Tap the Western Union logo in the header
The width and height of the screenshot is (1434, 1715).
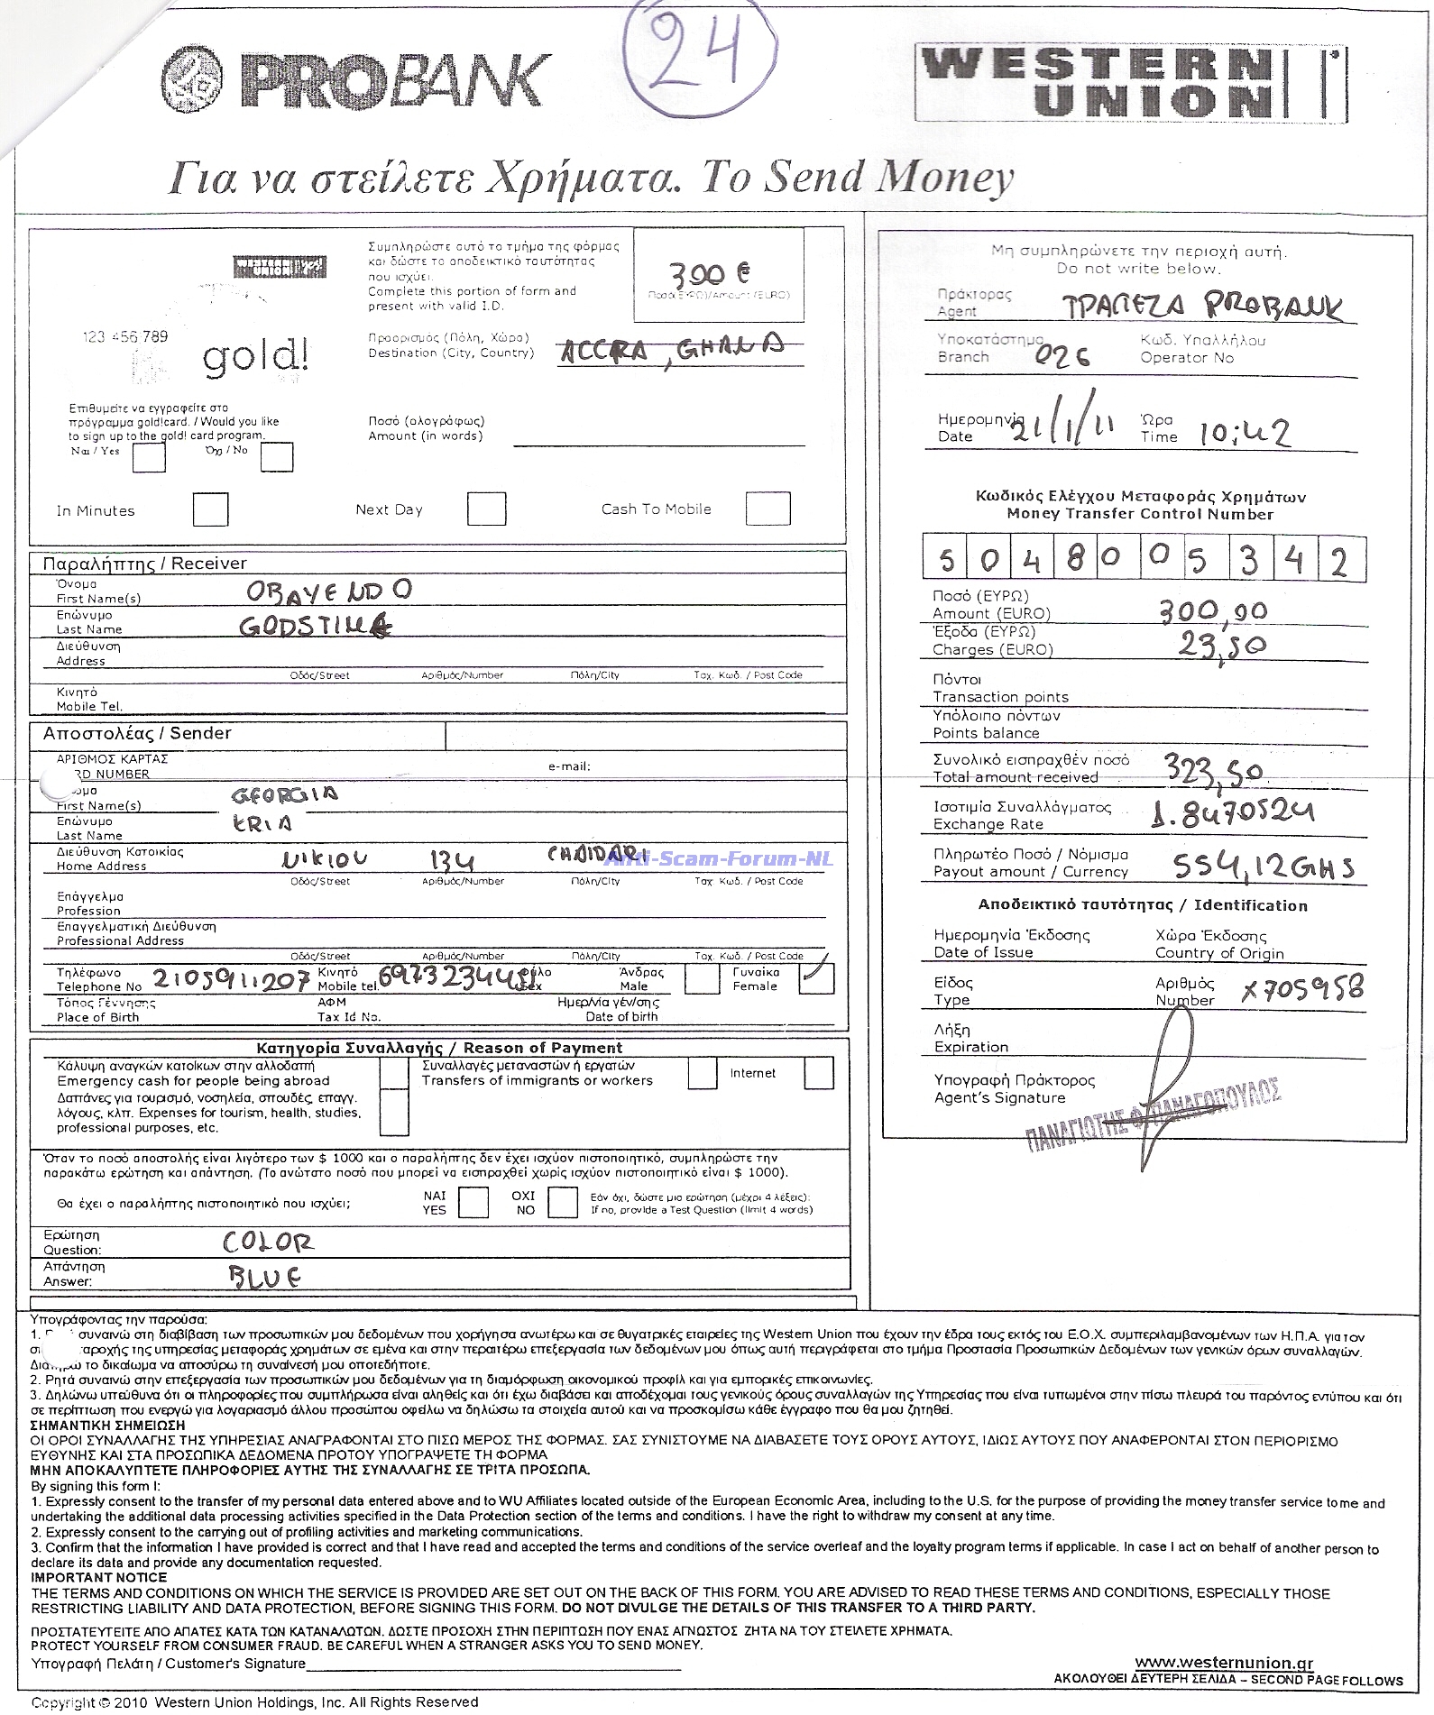[x=1130, y=83]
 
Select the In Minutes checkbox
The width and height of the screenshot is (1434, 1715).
[x=210, y=509]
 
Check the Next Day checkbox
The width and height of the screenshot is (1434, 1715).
[x=486, y=509]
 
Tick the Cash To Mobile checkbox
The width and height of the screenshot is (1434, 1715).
[x=768, y=509]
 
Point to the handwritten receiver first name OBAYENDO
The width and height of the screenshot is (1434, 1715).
[x=329, y=591]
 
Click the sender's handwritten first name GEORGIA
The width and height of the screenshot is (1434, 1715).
[x=284, y=794]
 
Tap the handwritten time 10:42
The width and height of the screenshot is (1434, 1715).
[x=1244, y=434]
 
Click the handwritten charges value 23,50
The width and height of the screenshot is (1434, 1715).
[x=1221, y=645]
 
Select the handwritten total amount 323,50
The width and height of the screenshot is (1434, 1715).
[x=1212, y=770]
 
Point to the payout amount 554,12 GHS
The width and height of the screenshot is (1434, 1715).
[x=1262, y=867]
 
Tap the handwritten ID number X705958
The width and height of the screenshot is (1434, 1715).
[x=1301, y=989]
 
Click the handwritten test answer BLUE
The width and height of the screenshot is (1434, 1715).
[x=263, y=1277]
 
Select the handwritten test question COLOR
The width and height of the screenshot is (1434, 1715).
[x=268, y=1243]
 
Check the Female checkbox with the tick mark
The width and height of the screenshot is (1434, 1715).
[x=817, y=978]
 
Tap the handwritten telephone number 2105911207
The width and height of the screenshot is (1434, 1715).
[x=231, y=979]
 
